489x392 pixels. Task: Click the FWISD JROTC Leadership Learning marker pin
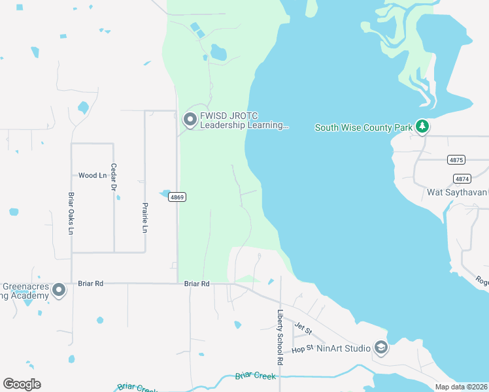click(x=190, y=120)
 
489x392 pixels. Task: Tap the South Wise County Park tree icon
click(x=422, y=127)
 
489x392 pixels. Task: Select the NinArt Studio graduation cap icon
click(x=380, y=348)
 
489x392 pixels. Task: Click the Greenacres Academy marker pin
click(x=59, y=289)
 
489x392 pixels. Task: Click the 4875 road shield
click(x=456, y=160)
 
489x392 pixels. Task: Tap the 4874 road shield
click(x=462, y=178)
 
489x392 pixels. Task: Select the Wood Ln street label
click(x=92, y=176)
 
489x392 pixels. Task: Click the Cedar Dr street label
click(x=114, y=177)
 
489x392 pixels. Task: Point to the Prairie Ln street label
click(x=145, y=218)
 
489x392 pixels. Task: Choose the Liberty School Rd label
click(x=280, y=337)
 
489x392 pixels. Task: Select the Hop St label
click(x=299, y=350)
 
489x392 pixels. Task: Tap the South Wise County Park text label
click(x=363, y=127)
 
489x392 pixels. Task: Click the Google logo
click(x=22, y=384)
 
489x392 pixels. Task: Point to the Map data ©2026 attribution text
click(x=462, y=387)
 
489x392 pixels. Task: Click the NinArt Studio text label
click(x=343, y=348)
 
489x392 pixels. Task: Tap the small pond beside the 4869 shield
click(x=163, y=193)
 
